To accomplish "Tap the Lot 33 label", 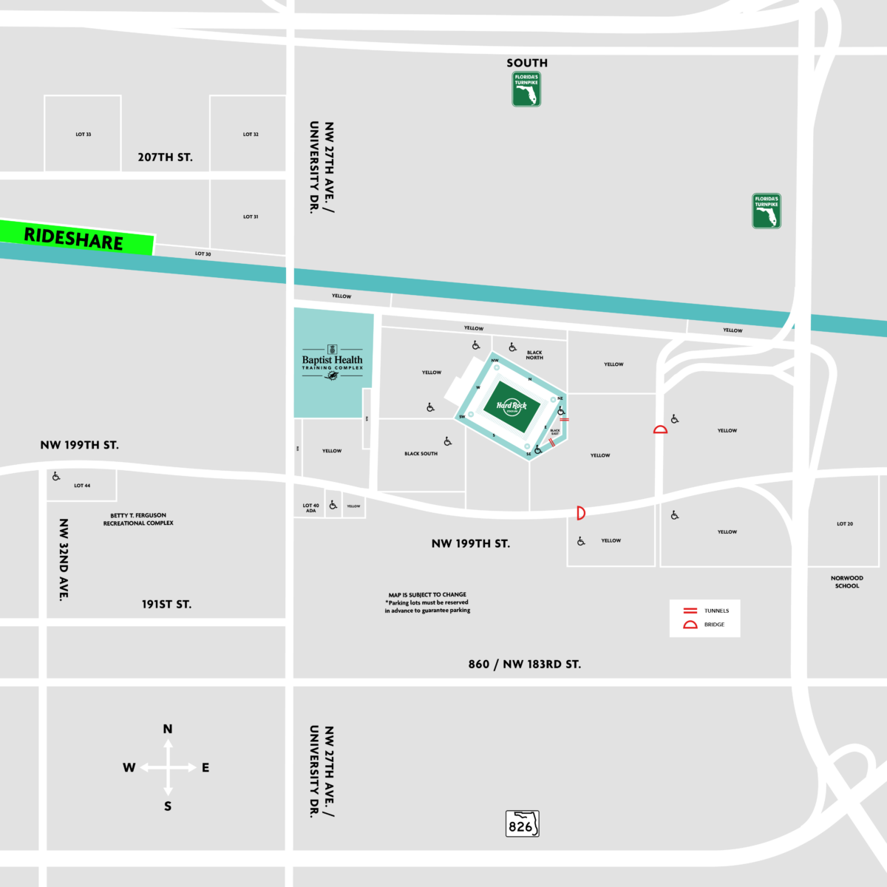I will pyautogui.click(x=84, y=135).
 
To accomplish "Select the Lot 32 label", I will pyautogui.click(x=251, y=135).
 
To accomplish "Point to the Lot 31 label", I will pyautogui.click(x=251, y=217).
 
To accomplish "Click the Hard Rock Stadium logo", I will pyautogui.click(x=511, y=406).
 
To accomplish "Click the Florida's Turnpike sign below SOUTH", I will pyautogui.click(x=526, y=89).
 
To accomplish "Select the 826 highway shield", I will pyautogui.click(x=522, y=824).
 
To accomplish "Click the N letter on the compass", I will pyautogui.click(x=168, y=730).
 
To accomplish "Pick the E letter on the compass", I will pyautogui.click(x=205, y=768).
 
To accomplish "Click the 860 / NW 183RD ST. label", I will pyautogui.click(x=525, y=665).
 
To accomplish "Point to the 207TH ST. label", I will pyautogui.click(x=165, y=157).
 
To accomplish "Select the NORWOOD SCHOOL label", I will pyautogui.click(x=846, y=582).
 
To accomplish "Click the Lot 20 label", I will pyautogui.click(x=845, y=524).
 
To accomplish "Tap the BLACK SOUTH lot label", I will pyautogui.click(x=421, y=454).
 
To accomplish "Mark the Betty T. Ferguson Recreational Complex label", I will pyautogui.click(x=138, y=519).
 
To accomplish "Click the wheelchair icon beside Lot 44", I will pyautogui.click(x=56, y=477).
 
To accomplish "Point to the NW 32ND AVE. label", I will pyautogui.click(x=64, y=560).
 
